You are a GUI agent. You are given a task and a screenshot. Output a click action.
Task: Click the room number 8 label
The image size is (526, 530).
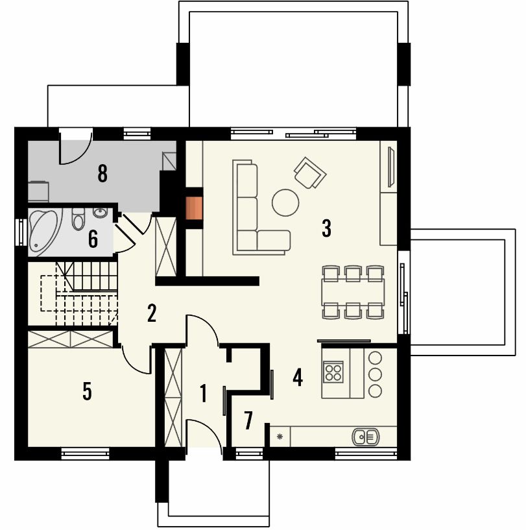pos(102,173)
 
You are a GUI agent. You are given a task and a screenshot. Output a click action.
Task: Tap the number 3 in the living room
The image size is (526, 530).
pos(326,228)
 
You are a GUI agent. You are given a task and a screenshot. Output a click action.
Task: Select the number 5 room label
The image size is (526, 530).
pos(87,391)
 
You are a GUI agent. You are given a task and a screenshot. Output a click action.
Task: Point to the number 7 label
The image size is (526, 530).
pos(248,420)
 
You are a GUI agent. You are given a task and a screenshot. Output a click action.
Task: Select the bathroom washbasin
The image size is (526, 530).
pos(100,213)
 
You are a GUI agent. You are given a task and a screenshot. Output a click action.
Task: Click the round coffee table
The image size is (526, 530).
pos(285,202)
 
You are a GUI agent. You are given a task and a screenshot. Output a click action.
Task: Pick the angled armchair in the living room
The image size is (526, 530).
pos(310,173)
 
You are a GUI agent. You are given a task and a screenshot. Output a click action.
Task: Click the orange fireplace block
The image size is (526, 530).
pos(194,208)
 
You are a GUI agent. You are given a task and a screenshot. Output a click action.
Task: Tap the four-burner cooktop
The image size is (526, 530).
pos(333,372)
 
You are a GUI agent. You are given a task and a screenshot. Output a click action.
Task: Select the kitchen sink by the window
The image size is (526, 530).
pos(365,437)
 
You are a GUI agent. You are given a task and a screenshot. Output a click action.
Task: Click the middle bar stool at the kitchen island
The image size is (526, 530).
pos(375,374)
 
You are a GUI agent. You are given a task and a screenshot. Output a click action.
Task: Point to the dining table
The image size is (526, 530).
pos(353,293)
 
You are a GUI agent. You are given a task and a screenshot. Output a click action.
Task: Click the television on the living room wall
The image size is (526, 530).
pos(392,167)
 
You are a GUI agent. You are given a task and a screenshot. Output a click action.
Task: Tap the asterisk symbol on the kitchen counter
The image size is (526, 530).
pos(280,437)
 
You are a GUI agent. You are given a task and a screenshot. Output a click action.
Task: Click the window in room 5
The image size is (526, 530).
pos(85,453)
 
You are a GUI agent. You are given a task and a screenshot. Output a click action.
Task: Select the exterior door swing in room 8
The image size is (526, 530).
pos(76,148)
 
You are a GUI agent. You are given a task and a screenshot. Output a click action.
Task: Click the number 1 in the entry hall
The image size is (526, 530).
pos(203,393)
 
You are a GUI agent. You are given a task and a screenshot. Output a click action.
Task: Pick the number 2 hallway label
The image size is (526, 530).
pos(152,313)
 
